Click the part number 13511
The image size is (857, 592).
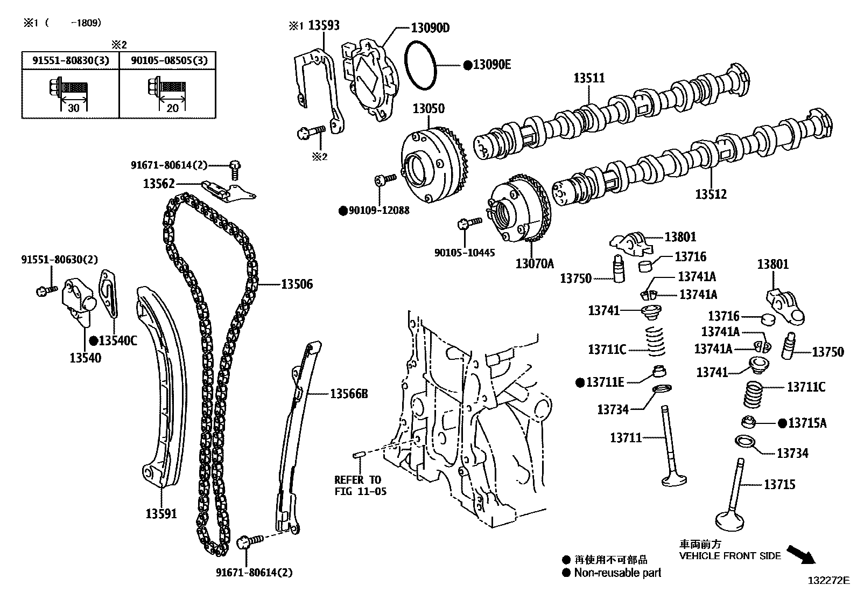point(589,78)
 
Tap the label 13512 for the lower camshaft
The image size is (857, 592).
point(711,194)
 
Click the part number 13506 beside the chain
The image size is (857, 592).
point(297,284)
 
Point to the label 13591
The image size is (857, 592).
point(161,514)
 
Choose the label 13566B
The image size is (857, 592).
point(349,394)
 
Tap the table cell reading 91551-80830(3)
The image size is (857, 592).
point(70,60)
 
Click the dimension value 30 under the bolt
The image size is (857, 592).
point(74,108)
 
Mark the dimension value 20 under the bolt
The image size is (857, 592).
point(172,108)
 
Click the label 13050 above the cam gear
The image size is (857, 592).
point(428,108)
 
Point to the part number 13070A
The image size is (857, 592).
point(534,263)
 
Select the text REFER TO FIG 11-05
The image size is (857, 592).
point(360,485)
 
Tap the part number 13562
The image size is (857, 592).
point(159,184)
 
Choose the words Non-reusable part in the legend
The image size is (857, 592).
point(617,573)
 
